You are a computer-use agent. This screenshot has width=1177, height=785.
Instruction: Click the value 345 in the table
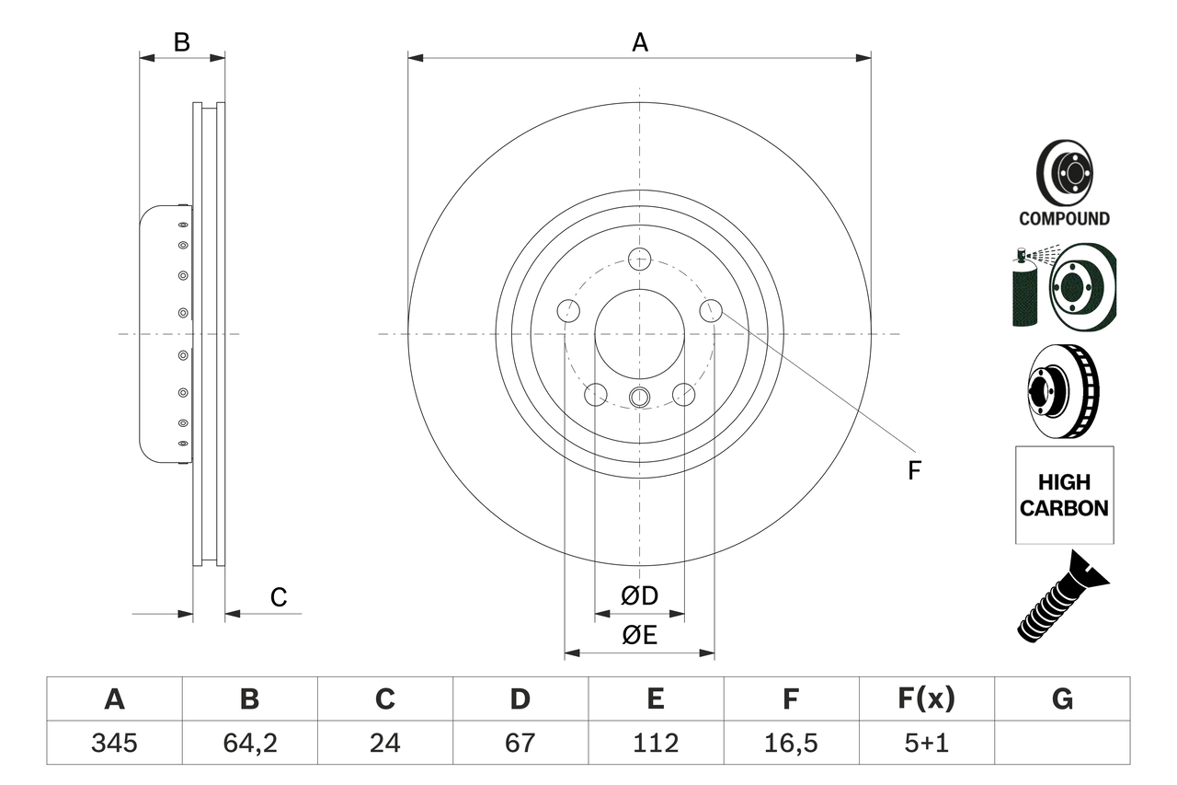[114, 743]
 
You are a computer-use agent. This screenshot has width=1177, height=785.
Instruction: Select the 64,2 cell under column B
[249, 743]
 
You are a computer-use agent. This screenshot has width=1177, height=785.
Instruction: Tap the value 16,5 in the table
[790, 743]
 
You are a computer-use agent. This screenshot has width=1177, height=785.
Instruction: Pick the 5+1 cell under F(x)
[926, 743]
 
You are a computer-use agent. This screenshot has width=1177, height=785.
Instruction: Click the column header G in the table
[1062, 699]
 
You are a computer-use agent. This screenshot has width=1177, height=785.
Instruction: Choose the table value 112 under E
[655, 743]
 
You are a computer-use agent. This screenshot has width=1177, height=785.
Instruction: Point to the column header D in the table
[520, 699]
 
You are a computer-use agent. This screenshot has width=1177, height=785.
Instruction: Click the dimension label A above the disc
[640, 42]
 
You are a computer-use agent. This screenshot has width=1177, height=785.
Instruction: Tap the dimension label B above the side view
[182, 42]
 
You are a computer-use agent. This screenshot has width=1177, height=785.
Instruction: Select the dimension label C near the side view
[279, 598]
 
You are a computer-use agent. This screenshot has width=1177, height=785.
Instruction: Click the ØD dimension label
[640, 596]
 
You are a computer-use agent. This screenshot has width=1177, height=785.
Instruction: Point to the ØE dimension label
[640, 636]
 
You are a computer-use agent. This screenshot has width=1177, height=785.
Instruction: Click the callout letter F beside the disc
[913, 471]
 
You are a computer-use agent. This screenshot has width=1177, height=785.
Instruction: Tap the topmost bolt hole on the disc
[640, 259]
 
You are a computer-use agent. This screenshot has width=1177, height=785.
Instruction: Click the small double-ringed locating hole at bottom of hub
[640, 398]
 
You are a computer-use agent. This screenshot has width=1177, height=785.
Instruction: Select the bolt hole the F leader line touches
[711, 311]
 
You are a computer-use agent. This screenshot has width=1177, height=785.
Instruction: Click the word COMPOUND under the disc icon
[1064, 219]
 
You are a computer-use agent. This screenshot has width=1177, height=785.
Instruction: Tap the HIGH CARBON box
[1064, 495]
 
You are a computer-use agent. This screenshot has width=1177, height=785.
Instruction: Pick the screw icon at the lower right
[1062, 595]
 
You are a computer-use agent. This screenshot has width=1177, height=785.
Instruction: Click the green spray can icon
[1023, 290]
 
